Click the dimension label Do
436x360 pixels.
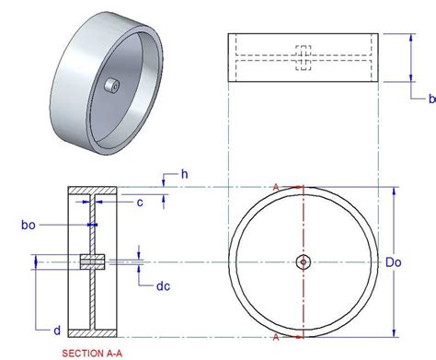pyautogui.click(x=393, y=262)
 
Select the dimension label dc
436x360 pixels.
pyautogui.click(x=163, y=286)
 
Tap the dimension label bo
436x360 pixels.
pyautogui.click(x=29, y=225)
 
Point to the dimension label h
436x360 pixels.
pyautogui.click(x=185, y=174)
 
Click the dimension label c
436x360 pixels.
pyautogui.click(x=140, y=203)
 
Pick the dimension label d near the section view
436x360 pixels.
pyautogui.click(x=57, y=331)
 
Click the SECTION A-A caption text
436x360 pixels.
pyautogui.click(x=92, y=354)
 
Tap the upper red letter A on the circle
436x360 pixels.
pyautogui.click(x=276, y=187)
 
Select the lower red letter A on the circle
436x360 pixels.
pyautogui.click(x=276, y=337)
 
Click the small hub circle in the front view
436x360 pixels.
pyautogui.click(x=304, y=262)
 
